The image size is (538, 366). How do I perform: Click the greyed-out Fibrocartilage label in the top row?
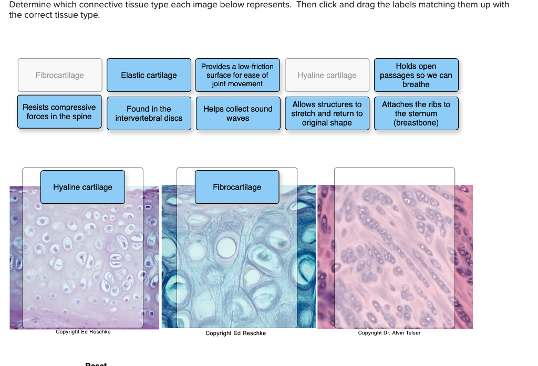(60, 75)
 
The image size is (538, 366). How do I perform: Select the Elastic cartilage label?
(149, 75)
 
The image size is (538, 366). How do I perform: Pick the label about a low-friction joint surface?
(237, 75)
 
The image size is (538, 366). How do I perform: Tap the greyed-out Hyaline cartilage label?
(327, 75)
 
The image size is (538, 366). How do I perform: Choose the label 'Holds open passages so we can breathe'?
(416, 75)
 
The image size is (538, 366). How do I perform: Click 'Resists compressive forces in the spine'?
(59, 112)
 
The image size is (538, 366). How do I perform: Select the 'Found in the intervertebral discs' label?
(149, 113)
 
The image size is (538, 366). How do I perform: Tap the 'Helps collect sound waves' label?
(237, 113)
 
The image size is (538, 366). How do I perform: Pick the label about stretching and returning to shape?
(327, 113)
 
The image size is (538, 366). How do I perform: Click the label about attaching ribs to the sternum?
(416, 113)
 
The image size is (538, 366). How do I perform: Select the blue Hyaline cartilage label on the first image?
(82, 187)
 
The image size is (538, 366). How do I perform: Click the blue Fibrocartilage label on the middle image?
(237, 187)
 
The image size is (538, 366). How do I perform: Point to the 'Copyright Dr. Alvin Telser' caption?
(389, 333)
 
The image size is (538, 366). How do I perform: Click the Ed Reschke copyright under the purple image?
(83, 332)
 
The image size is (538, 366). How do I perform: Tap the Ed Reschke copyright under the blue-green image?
(235, 333)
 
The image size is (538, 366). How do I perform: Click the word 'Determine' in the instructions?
(29, 5)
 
